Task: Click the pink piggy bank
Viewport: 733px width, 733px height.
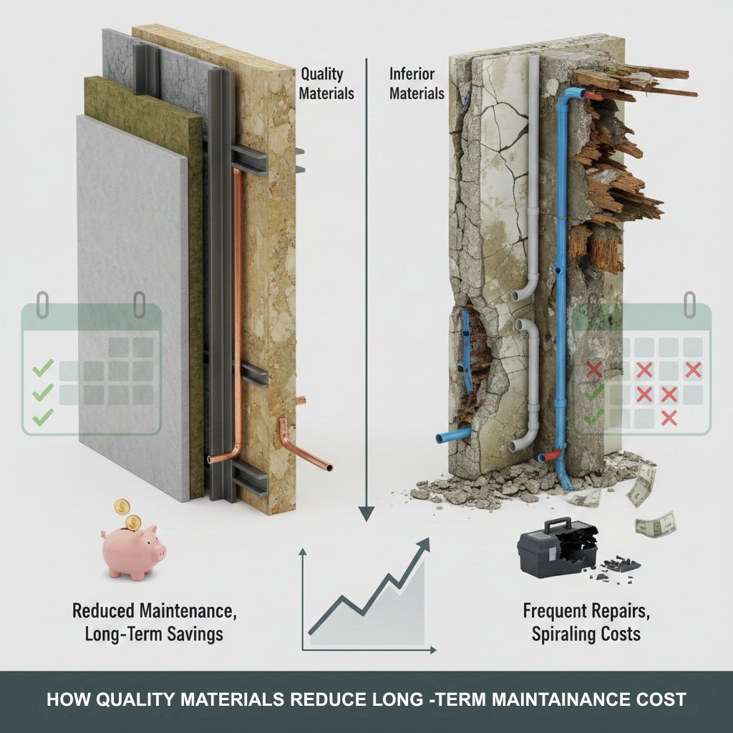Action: [x=132, y=551]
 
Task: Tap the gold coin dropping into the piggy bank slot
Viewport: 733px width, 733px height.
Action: [x=134, y=522]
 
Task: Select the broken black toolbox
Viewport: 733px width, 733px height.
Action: [x=557, y=548]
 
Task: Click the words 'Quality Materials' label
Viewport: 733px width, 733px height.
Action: [x=326, y=84]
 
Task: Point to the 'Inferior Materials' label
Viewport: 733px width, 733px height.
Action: [x=417, y=84]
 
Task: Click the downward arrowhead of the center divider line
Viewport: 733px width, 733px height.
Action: [x=366, y=514]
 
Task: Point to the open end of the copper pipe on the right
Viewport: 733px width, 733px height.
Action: [x=329, y=467]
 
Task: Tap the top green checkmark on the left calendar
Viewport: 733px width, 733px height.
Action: [x=43, y=367]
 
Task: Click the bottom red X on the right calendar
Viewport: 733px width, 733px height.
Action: [x=669, y=418]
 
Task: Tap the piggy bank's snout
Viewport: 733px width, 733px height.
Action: [x=161, y=553]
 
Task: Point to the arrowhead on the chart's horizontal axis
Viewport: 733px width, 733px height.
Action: [x=433, y=650]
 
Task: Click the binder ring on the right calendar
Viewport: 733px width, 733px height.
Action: [x=689, y=304]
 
